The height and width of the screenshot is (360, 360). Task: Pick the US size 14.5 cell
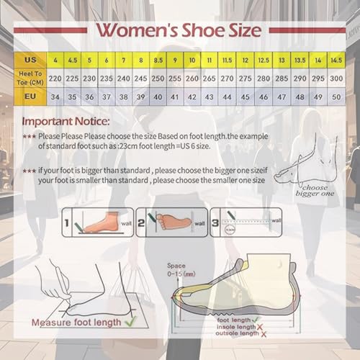pos(336,59)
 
